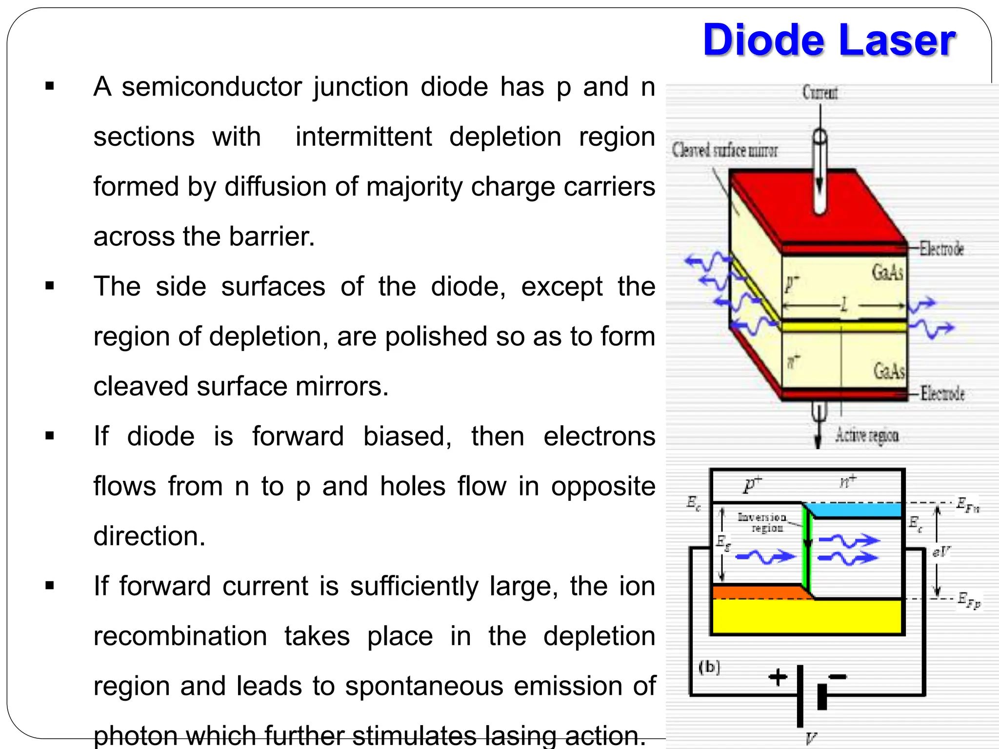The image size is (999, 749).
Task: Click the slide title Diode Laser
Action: (829, 40)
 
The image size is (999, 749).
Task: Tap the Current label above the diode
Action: (820, 92)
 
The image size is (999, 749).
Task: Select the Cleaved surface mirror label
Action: (725, 150)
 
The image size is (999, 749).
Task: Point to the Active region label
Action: (867, 434)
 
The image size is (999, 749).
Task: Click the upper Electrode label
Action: (941, 249)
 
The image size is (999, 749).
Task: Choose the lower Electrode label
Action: (942, 393)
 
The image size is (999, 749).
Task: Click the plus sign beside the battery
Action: (778, 677)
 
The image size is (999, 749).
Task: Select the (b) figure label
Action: (709, 667)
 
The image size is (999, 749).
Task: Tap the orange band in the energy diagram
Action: (756, 592)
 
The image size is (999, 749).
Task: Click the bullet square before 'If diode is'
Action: (49, 435)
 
